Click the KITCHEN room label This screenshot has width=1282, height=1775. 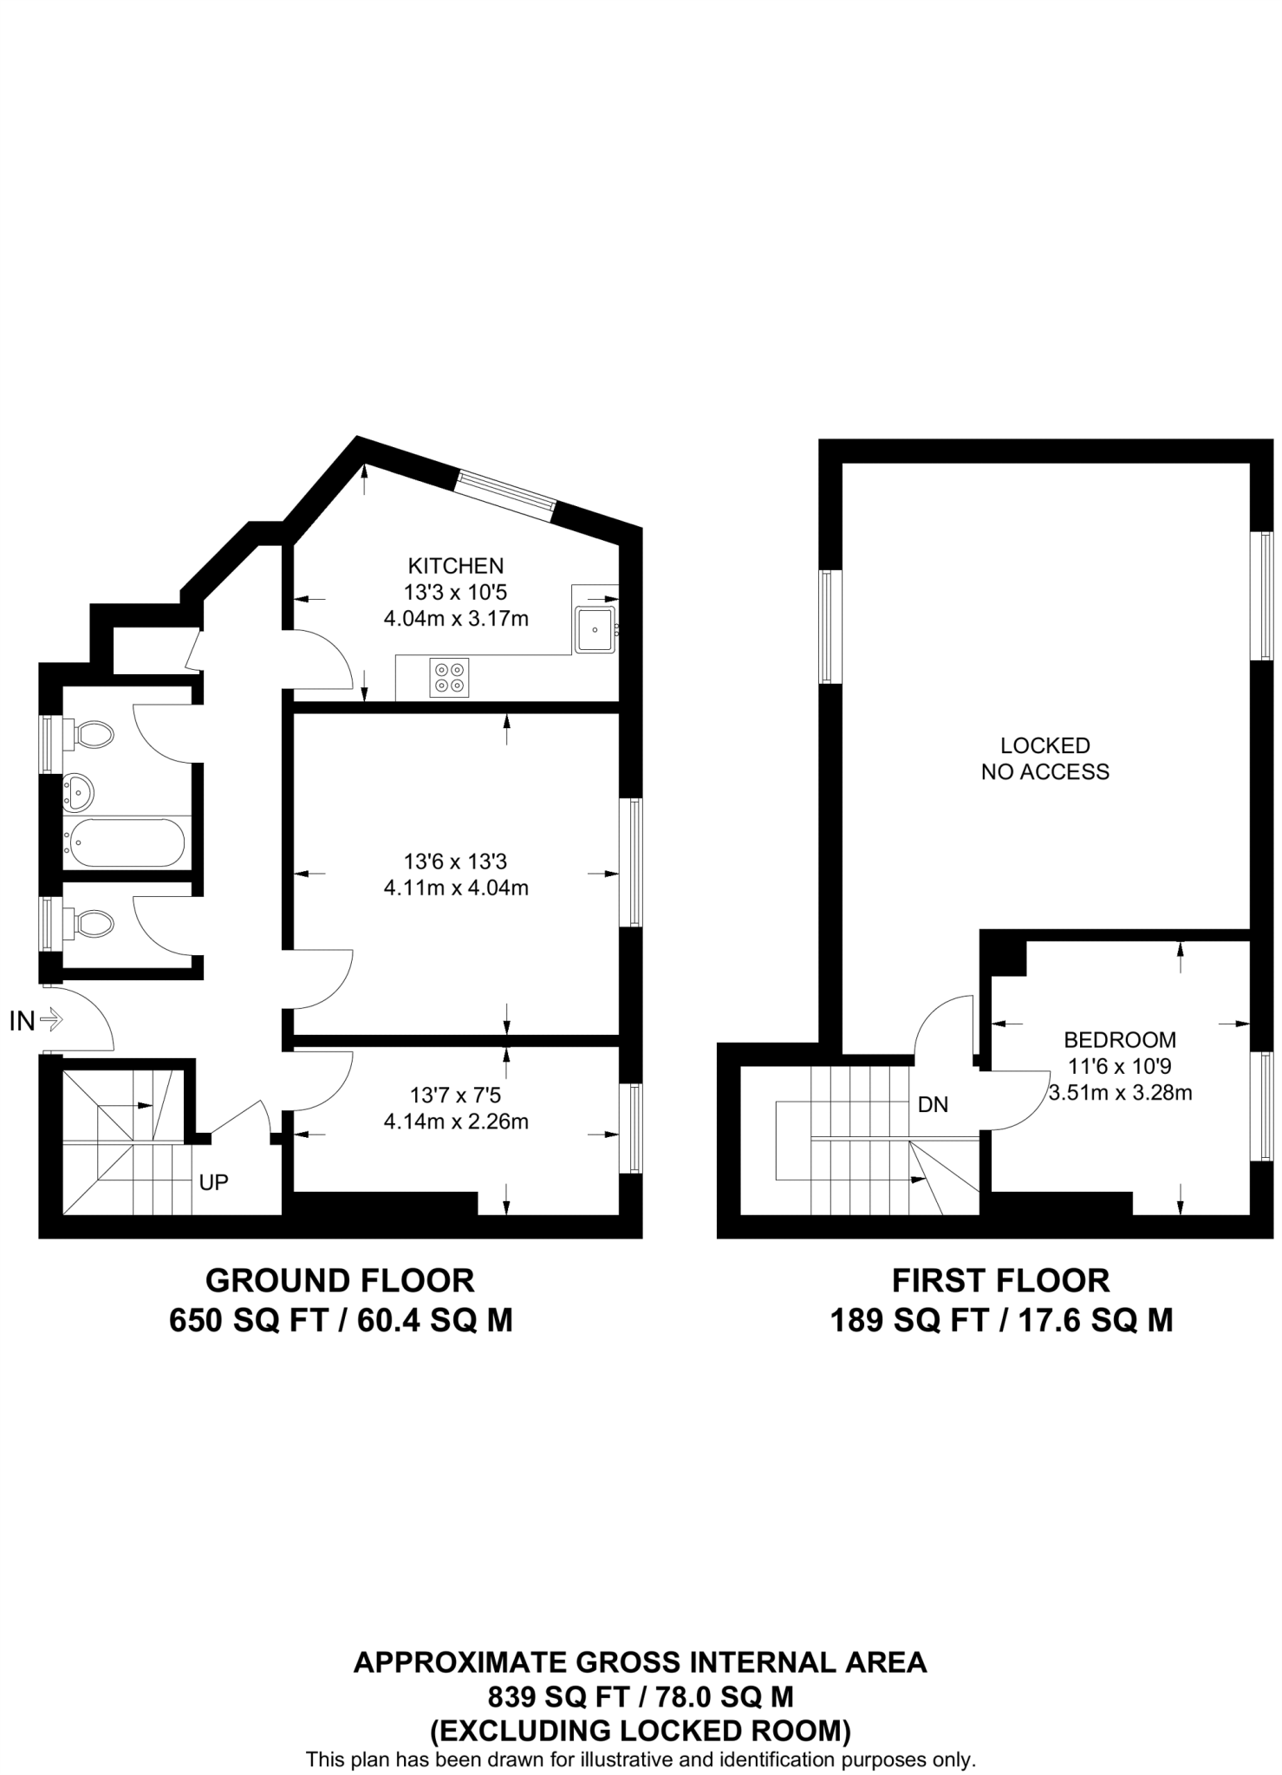tap(455, 566)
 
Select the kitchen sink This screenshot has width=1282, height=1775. tap(595, 629)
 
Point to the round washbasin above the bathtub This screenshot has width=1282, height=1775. tap(78, 790)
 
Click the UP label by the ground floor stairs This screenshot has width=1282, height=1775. tap(213, 1181)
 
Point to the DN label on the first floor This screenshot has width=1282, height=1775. tap(933, 1104)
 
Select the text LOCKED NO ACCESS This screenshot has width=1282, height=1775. tap(1044, 758)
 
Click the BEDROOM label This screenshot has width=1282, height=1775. tap(1120, 1039)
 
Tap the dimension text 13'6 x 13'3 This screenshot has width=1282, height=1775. tap(455, 861)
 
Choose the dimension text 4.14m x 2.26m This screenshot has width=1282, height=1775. tap(455, 1122)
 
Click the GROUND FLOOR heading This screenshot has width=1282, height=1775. tap(340, 1280)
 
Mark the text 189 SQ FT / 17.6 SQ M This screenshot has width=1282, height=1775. tap(1001, 1321)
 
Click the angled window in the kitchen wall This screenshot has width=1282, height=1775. tap(506, 495)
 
